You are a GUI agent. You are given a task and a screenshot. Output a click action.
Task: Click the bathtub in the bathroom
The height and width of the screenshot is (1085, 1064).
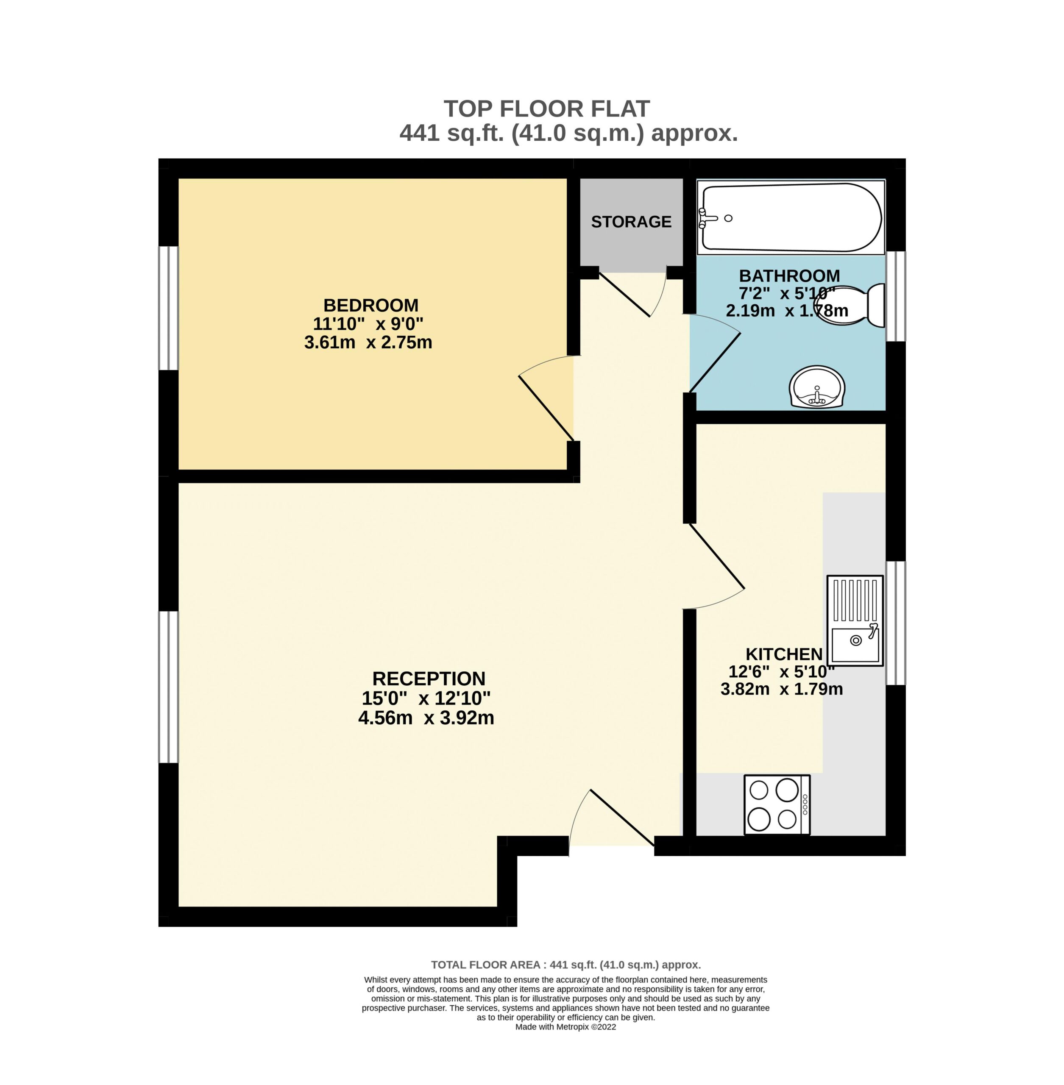point(791,218)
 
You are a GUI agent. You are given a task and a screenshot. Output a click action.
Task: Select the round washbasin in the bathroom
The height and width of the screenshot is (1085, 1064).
point(817,388)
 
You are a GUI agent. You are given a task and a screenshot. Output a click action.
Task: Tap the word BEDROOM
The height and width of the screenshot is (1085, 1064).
point(371,305)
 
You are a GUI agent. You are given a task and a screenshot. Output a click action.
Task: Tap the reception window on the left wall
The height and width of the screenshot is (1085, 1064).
point(168,687)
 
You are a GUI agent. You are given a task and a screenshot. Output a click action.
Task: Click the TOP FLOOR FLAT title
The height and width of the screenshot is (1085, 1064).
point(546,108)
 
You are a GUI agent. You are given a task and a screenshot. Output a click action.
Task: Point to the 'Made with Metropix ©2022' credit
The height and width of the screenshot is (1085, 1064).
point(565,1027)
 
